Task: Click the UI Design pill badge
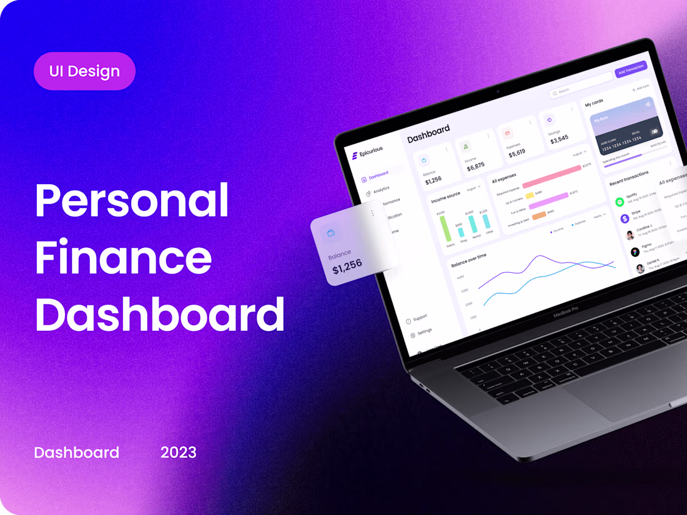pyautogui.click(x=84, y=71)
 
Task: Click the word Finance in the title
pyautogui.click(x=123, y=258)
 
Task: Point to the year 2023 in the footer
pyautogui.click(x=178, y=453)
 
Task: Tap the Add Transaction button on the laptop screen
pyautogui.click(x=630, y=69)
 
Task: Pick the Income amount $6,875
pyautogui.click(x=475, y=167)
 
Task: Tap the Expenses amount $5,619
pyautogui.click(x=516, y=152)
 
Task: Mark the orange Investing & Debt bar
pyautogui.click(x=538, y=215)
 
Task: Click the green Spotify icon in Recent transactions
pyautogui.click(x=619, y=202)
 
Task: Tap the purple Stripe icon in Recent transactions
pyautogui.click(x=625, y=218)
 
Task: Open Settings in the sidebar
pyautogui.click(x=423, y=331)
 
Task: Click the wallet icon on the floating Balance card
pyautogui.click(x=331, y=233)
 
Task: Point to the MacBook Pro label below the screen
pyautogui.click(x=566, y=313)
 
